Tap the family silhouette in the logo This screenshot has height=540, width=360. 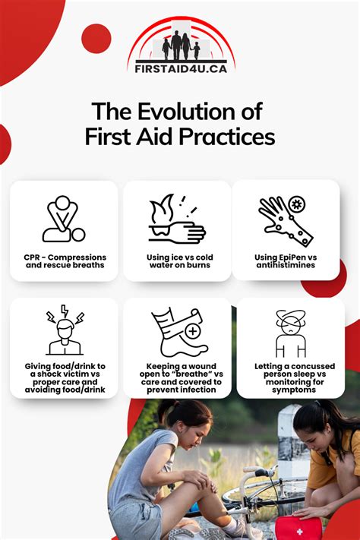[x=181, y=46]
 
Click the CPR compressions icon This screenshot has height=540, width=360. [x=64, y=219]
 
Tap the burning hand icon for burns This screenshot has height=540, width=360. [x=176, y=219]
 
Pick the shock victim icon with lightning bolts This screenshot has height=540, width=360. [x=64, y=333]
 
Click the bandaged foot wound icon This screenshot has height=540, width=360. [x=176, y=333]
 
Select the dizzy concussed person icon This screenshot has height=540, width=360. [x=290, y=333]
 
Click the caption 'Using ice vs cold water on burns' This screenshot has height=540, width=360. [x=177, y=262]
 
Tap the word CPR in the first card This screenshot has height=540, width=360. [x=32, y=257]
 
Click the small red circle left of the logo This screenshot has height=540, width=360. [x=96, y=38]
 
